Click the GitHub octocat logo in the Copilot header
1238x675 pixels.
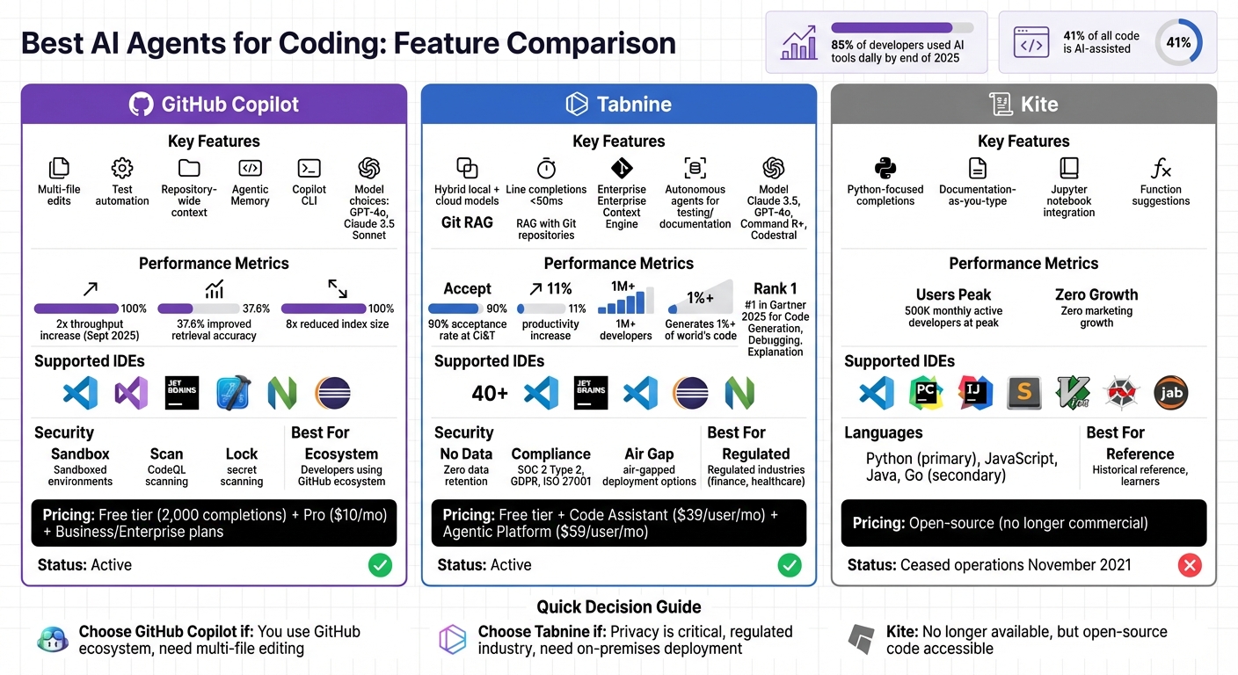[141, 105]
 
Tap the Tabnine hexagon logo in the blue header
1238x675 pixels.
[576, 105]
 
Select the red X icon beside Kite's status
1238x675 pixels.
[1190, 565]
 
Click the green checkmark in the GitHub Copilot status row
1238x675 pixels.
[380, 565]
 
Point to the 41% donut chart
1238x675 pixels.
[1178, 42]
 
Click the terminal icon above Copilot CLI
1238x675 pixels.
[309, 168]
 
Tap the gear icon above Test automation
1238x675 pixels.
[122, 168]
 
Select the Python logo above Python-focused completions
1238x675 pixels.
[885, 168]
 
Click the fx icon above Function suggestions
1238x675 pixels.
[1161, 168]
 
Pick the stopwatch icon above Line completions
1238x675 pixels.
[546, 168]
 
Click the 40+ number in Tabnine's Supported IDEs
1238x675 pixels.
[490, 393]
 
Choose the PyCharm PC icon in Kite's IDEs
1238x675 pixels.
[926, 393]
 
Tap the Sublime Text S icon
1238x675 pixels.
[1024, 393]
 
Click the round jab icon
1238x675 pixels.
[1171, 393]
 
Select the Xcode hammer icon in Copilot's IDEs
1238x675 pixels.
[233, 393]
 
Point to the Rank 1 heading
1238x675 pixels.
[776, 288]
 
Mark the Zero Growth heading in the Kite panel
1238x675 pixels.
[1096, 294]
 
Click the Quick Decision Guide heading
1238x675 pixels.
[619, 607]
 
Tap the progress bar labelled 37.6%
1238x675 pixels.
[199, 308]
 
